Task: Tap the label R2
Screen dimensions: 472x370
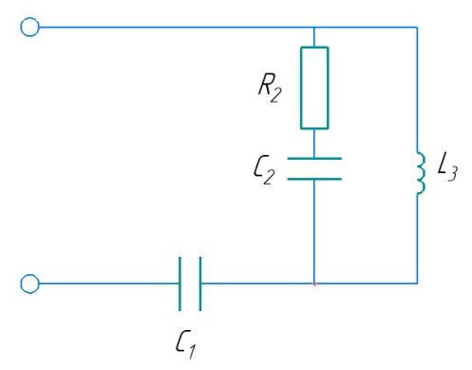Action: point(270,88)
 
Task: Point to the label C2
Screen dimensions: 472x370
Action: point(264,169)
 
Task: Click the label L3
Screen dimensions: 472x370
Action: point(447,166)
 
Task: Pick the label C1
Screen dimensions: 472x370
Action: point(185,344)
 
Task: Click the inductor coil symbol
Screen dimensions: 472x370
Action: point(421,173)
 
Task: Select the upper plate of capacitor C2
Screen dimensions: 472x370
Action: point(314,158)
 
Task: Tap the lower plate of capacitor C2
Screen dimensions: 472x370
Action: point(314,179)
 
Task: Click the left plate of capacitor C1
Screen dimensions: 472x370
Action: point(179,283)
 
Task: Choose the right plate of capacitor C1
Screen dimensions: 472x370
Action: point(200,283)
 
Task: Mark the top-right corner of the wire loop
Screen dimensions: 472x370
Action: point(417,28)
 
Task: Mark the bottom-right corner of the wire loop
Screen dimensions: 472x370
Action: point(417,283)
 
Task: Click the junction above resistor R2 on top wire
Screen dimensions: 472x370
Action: point(314,28)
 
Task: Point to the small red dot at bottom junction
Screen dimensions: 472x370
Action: point(314,284)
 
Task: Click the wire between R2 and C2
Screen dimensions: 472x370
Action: point(314,144)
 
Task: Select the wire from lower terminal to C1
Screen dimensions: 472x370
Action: point(109,283)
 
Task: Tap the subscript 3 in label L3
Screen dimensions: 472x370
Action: point(453,174)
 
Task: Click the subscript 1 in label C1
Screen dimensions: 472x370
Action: point(192,352)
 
